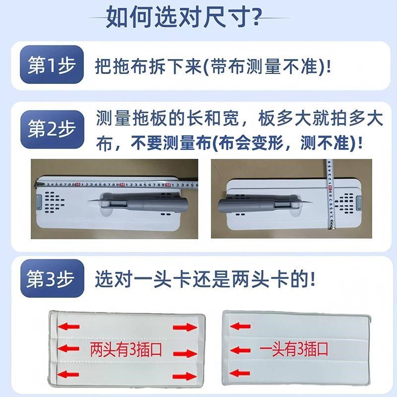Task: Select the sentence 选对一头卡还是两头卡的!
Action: coord(205,280)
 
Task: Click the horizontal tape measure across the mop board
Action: coord(114,185)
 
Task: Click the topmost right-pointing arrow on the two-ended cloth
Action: coord(182,328)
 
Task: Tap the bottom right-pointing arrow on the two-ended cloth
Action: coord(182,374)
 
